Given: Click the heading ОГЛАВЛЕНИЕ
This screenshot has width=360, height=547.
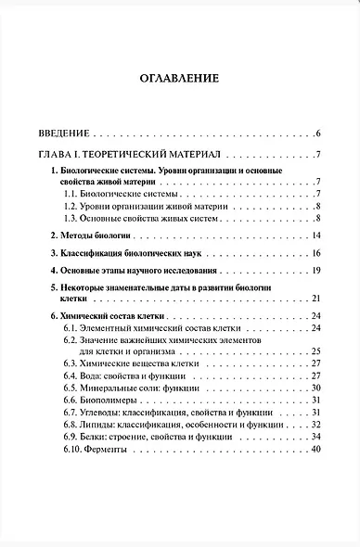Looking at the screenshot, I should [180, 79].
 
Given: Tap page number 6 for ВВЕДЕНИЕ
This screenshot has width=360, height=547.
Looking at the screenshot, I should [317, 134].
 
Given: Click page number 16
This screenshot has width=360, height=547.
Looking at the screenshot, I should [315, 253].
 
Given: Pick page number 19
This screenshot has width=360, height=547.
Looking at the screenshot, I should [315, 270].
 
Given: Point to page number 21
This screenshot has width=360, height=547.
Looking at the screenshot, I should [315, 297].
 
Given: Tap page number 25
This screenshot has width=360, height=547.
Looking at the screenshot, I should [315, 351].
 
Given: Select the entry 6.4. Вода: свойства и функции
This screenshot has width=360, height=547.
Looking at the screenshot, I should [125, 376].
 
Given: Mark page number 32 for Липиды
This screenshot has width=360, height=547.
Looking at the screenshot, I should [315, 425].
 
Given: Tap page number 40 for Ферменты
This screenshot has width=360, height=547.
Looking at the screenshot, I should [315, 450].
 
